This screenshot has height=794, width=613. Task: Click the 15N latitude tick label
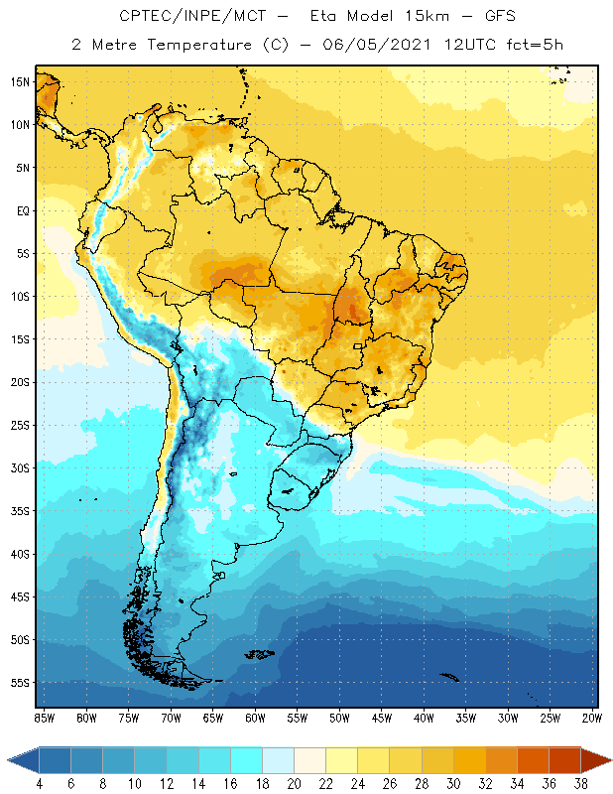(19, 81)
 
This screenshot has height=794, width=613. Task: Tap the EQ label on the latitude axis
(21, 210)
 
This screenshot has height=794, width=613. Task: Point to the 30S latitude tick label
(19, 467)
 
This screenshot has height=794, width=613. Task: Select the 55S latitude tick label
(19, 683)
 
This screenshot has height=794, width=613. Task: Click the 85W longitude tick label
(45, 717)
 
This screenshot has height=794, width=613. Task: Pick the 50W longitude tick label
(339, 717)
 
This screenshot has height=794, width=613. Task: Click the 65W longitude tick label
(213, 717)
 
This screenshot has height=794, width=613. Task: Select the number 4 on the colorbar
(40, 784)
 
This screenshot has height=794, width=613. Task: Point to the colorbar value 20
(294, 784)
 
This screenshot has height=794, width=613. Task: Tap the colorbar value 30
(452, 784)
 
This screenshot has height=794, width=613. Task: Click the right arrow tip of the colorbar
(610, 759)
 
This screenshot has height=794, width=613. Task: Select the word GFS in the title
(498, 17)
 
